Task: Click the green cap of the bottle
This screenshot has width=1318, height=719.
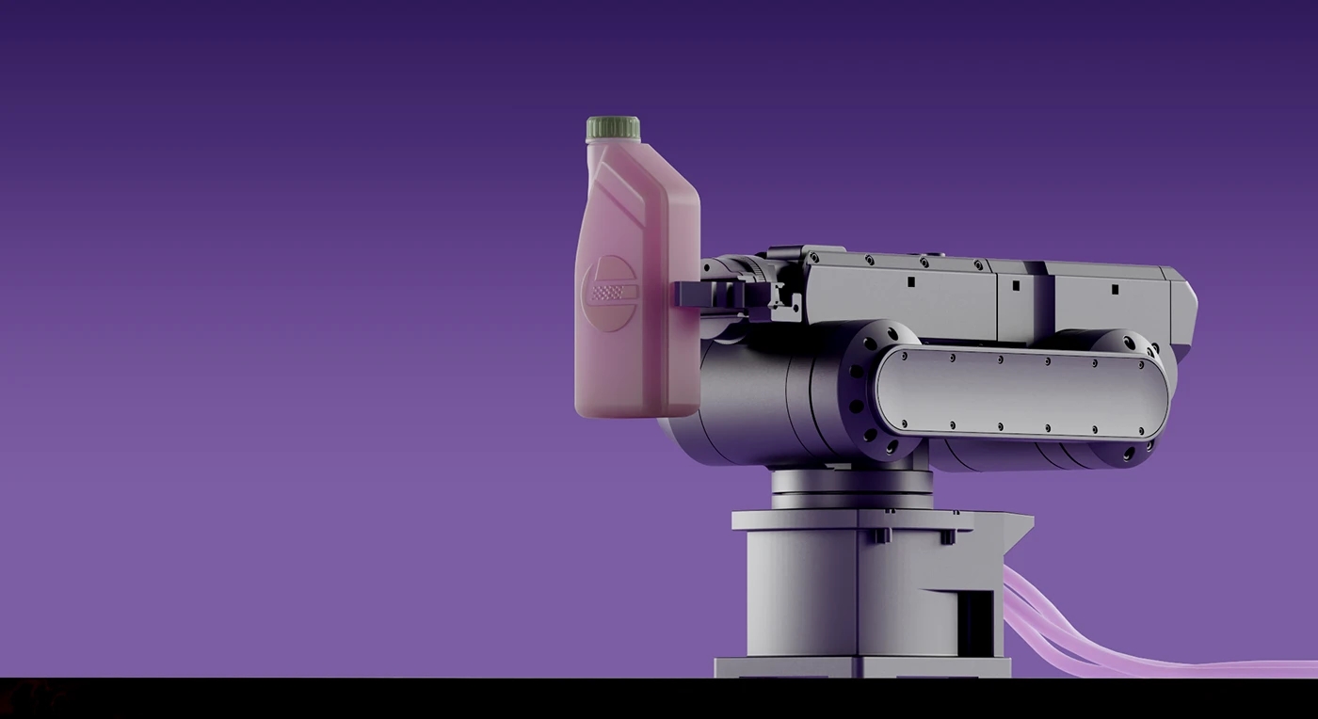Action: tap(613, 128)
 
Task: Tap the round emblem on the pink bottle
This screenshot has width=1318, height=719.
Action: tap(608, 293)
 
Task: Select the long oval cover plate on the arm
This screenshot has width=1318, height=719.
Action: tap(1021, 392)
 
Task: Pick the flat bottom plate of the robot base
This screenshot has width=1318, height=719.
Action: tap(861, 667)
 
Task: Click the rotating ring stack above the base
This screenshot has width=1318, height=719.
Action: tap(851, 488)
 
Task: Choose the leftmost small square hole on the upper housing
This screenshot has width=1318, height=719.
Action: tap(910, 280)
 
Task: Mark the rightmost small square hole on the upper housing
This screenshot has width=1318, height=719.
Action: tap(1114, 289)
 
